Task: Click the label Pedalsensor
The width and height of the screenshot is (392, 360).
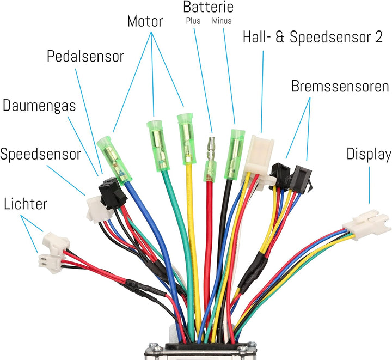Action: [85, 57]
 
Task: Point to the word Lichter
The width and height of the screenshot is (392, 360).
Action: [26, 204]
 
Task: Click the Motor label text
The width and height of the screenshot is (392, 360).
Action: [145, 22]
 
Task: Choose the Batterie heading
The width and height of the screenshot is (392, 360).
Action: [208, 7]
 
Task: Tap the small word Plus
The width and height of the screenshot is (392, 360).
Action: [194, 21]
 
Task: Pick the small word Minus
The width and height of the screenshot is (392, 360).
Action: [222, 21]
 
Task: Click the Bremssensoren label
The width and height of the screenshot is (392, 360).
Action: [340, 87]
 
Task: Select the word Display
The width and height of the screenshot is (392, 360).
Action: [369, 155]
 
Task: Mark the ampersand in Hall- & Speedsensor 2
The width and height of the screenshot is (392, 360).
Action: [285, 38]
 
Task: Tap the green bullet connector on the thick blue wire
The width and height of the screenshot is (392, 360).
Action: [115, 159]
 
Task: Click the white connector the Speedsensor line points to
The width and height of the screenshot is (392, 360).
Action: [98, 209]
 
